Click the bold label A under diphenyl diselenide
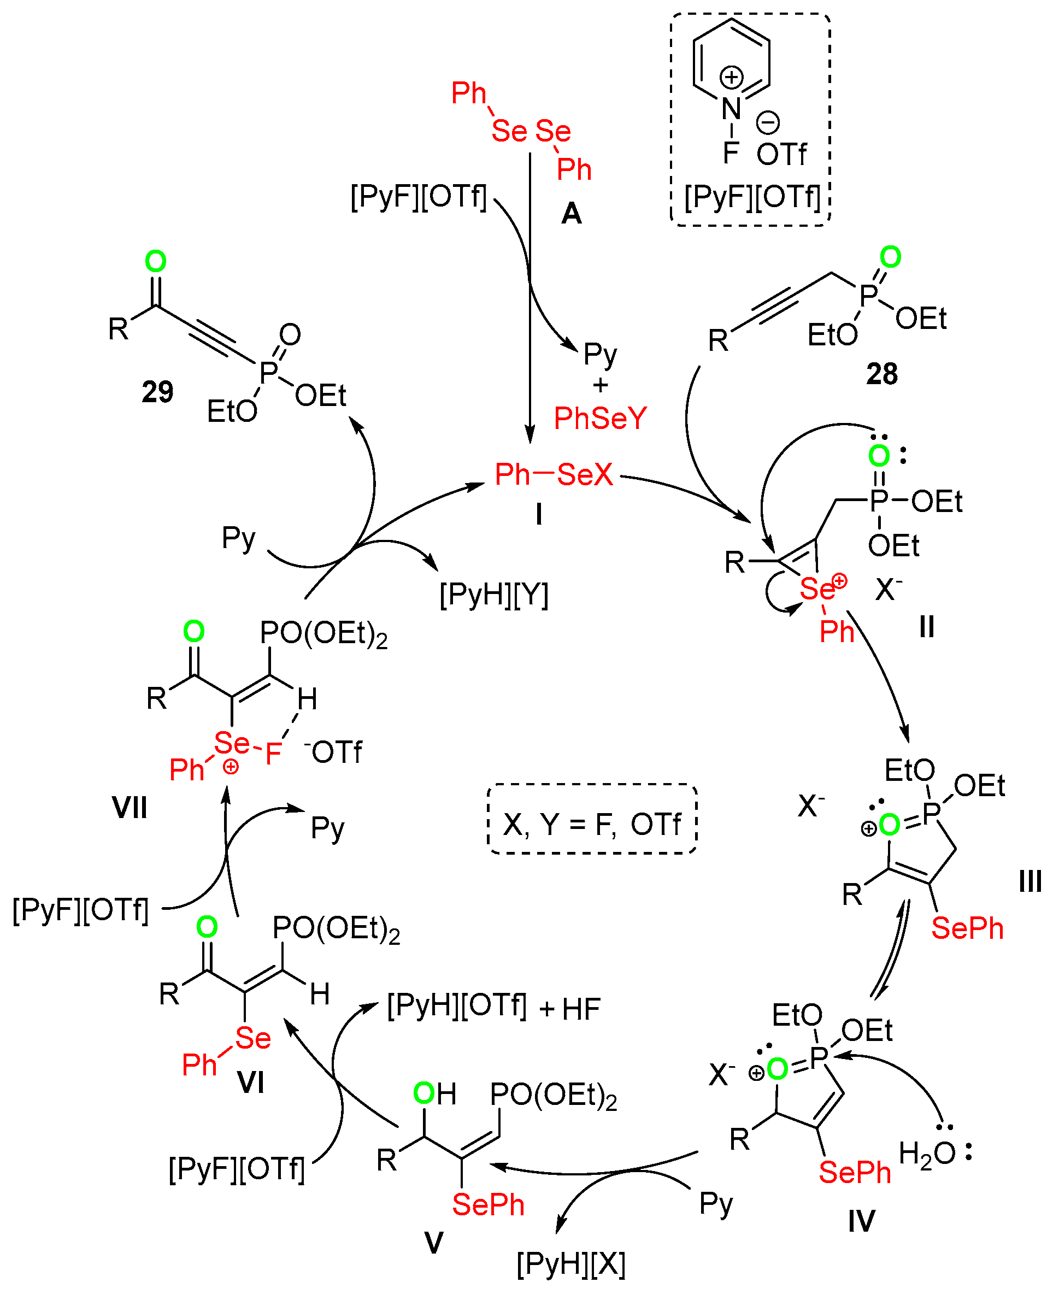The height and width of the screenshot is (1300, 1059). [571, 214]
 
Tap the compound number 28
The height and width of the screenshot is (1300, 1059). [881, 373]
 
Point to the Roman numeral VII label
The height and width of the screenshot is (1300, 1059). [130, 808]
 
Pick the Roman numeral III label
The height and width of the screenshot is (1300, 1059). [1029, 881]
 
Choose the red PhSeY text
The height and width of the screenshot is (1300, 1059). [599, 419]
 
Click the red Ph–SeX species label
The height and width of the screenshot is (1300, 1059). [554, 475]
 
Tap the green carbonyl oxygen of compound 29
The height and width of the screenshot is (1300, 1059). [156, 262]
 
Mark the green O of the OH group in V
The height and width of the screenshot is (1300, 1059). [423, 1093]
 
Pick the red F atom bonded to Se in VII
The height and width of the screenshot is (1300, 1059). [273, 754]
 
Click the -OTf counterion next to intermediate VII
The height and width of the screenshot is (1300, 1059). [334, 751]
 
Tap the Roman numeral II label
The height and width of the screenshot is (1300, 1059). [927, 627]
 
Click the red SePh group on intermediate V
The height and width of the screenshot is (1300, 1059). [488, 1204]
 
